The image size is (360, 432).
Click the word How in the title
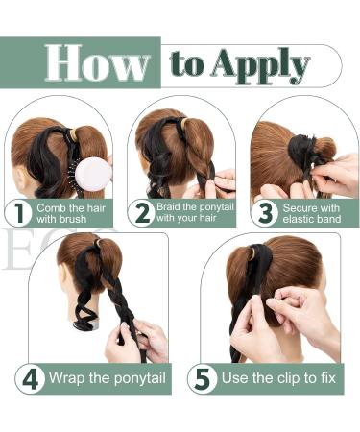[97, 63]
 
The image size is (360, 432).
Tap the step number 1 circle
[19, 212]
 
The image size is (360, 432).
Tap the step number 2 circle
[143, 212]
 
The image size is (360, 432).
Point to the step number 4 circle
[30, 377]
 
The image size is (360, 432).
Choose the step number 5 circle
[203, 377]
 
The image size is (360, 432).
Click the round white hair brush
[92, 174]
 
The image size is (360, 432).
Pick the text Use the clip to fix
[277, 377]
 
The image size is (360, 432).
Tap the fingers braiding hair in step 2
[223, 180]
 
